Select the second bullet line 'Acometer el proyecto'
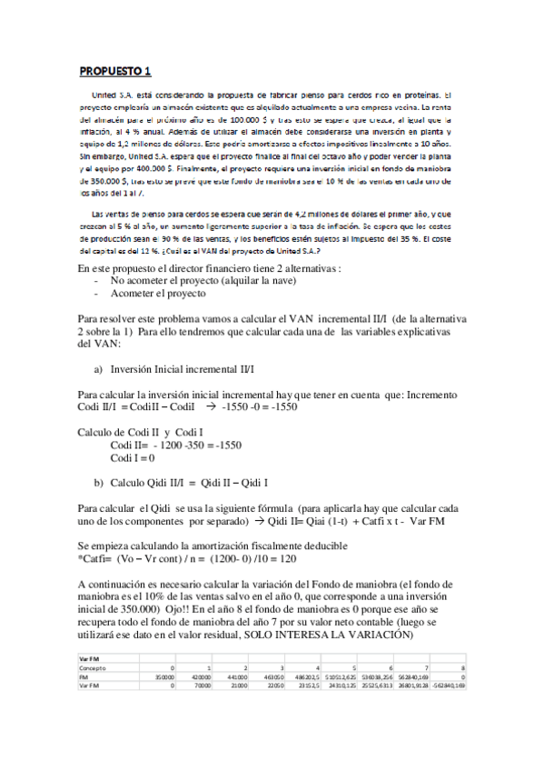(x=158, y=294)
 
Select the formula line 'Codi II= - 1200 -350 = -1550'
(x=175, y=446)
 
